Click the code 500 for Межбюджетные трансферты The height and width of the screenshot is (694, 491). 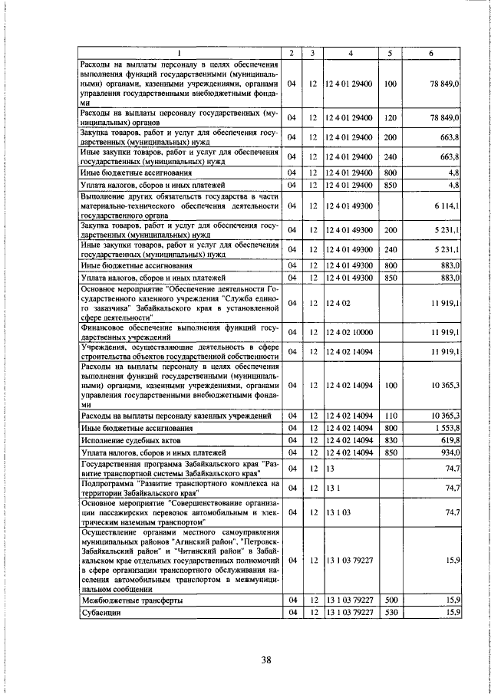tap(390, 600)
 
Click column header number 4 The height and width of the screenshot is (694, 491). tap(350, 54)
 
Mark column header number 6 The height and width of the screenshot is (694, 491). tap(431, 54)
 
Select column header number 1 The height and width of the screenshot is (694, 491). tap(179, 54)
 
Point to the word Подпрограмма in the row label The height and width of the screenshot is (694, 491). tap(107, 485)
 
